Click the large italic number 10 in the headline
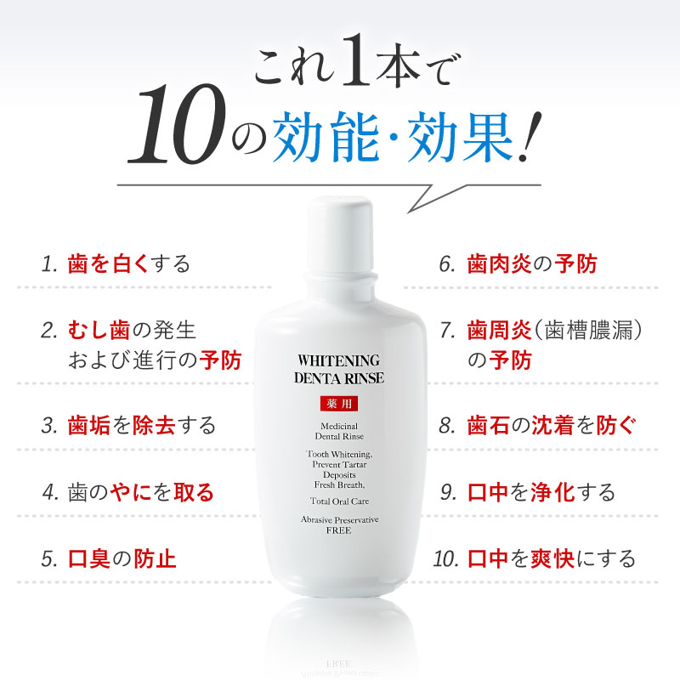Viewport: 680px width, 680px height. (x=178, y=123)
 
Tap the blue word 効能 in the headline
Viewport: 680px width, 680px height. (x=326, y=136)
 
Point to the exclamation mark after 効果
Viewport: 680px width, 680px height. (x=530, y=137)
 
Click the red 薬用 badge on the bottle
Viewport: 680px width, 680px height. (x=339, y=404)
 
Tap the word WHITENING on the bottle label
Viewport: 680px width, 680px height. (x=338, y=360)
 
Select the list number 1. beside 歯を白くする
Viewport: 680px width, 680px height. (x=49, y=264)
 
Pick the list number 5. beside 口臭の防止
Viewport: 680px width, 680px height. (x=49, y=558)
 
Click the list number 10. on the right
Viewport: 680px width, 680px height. (x=445, y=558)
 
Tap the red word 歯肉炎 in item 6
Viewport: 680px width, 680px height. (x=499, y=263)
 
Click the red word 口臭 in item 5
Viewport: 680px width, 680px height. (x=89, y=558)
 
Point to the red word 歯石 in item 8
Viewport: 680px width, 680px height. (x=488, y=425)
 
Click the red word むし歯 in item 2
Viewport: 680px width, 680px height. (x=99, y=330)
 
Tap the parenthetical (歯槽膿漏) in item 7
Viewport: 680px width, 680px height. (x=587, y=330)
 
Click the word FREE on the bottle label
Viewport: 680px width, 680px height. (x=338, y=530)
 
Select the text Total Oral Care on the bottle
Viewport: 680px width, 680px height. (x=339, y=501)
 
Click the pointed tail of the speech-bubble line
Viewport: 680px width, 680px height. (x=409, y=212)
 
